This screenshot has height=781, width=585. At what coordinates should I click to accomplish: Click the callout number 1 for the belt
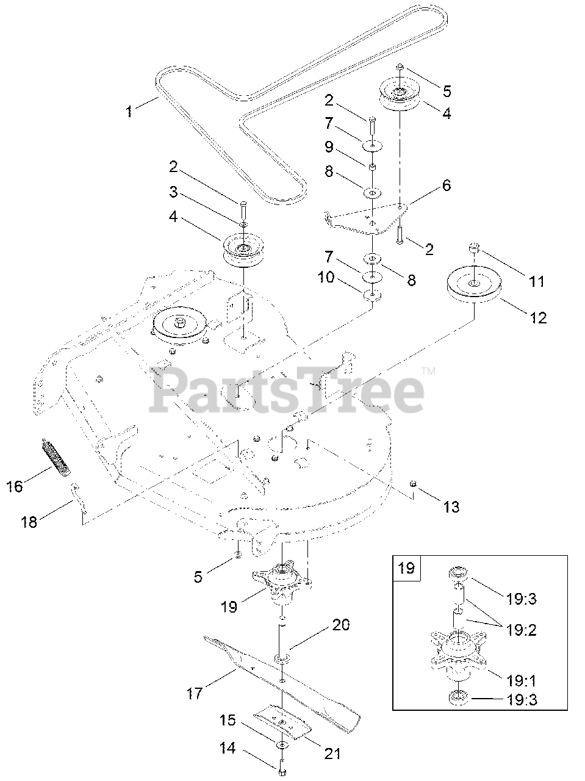coord(129,112)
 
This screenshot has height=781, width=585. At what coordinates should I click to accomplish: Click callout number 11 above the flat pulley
coord(536,281)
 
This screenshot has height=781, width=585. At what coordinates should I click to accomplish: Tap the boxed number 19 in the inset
coord(406,568)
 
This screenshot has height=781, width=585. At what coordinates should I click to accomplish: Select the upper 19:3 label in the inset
coord(521,599)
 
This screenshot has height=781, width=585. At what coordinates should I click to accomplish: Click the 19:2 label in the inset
coord(521,630)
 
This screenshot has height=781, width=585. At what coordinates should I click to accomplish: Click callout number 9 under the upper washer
coord(329,146)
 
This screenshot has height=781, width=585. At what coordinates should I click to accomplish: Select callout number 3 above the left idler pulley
coord(174,193)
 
